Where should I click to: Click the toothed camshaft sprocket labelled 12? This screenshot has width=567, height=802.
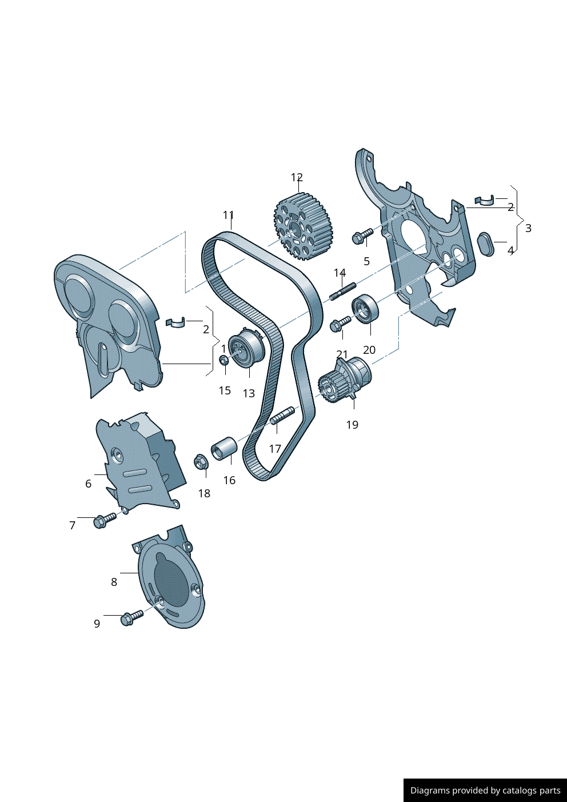pyautogui.click(x=304, y=226)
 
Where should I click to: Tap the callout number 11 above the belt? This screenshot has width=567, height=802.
pyautogui.click(x=229, y=215)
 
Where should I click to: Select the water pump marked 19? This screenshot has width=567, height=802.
pyautogui.click(x=345, y=380)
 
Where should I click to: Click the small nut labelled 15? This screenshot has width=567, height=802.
pyautogui.click(x=224, y=360)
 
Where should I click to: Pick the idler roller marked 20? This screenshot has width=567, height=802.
pyautogui.click(x=365, y=308)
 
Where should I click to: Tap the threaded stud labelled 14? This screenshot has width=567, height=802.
pyautogui.click(x=342, y=292)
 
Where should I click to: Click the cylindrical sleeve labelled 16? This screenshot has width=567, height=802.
pyautogui.click(x=224, y=448)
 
